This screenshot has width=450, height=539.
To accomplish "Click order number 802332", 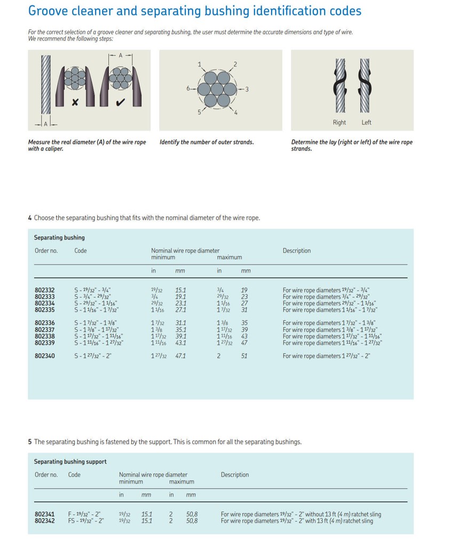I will [x=44, y=291].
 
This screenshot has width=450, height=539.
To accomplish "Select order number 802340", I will [x=44, y=356].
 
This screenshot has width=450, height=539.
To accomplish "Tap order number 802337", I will [x=44, y=330].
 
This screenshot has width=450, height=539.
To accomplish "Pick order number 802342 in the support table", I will [x=44, y=521].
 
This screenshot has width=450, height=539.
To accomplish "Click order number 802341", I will [x=44, y=514].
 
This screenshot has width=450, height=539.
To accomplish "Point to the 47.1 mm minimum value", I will [x=180, y=356].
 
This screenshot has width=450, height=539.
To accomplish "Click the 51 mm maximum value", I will [x=244, y=356].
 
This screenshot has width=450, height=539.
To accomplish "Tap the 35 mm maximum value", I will [x=244, y=323].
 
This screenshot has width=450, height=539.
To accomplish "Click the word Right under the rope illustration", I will [x=339, y=123].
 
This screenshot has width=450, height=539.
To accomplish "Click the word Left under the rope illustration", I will [x=366, y=123].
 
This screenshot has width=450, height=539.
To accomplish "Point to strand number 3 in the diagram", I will [x=247, y=89].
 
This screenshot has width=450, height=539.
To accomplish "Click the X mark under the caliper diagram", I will [x=75, y=102].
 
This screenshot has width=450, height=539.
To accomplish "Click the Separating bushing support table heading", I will [x=70, y=462].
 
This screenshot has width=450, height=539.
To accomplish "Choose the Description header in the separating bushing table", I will [x=296, y=251].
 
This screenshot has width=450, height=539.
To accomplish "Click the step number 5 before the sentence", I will [x=30, y=442].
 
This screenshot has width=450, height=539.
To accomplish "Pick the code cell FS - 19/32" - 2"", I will [x=86, y=521].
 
